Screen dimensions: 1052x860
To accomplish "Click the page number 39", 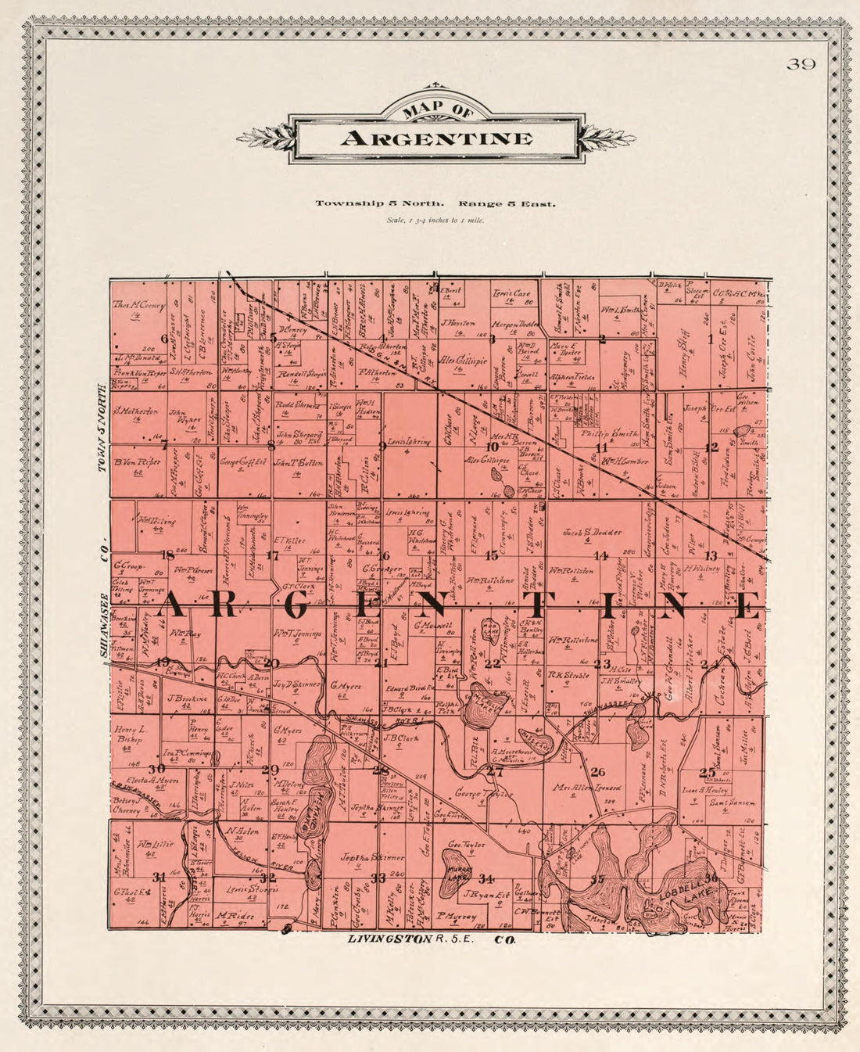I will point(801,64).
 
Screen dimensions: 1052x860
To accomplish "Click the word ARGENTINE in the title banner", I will point(436,139).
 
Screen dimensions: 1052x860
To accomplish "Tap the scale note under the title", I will point(435,221).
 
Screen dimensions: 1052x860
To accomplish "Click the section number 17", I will point(272,556).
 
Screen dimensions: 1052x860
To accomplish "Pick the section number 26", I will point(598,771).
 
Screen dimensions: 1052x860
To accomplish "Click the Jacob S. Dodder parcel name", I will point(593,533).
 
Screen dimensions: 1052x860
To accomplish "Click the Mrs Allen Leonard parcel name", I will point(598,788).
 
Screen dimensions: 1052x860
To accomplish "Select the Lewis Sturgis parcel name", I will point(242,890).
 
